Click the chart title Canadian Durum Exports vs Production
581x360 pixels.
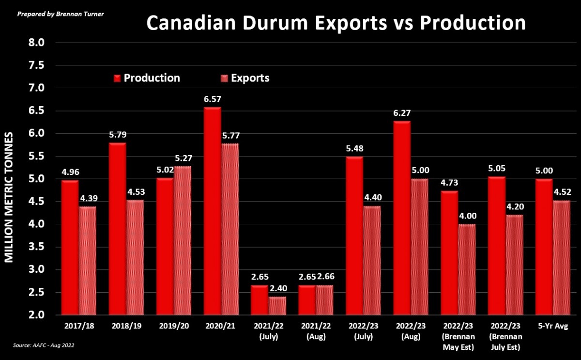[x=336, y=23]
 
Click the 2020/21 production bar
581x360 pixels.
[x=212, y=211]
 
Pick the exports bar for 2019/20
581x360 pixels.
[x=183, y=240]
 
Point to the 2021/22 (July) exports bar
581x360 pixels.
[x=277, y=305]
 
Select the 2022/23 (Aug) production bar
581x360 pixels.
[x=402, y=218]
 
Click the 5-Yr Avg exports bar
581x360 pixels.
[x=562, y=257]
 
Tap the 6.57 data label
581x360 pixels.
[x=212, y=99]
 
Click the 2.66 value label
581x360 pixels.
[x=325, y=277]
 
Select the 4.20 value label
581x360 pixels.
[x=515, y=206]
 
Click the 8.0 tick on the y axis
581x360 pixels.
[x=37, y=43]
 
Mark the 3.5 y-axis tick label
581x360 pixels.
[x=37, y=247]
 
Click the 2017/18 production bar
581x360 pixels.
[x=70, y=247]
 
